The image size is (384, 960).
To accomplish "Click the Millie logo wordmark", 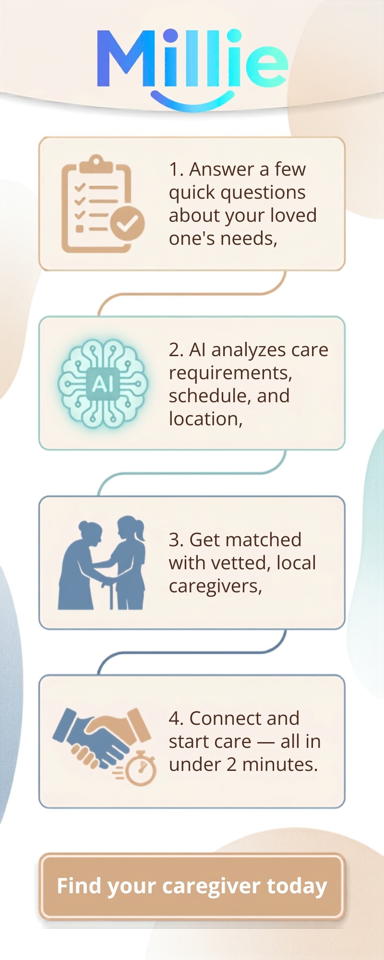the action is [192, 59].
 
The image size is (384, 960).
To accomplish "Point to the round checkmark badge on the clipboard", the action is [127, 223].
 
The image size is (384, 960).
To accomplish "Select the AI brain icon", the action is [103, 384].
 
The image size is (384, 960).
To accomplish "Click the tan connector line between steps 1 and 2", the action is [192, 293].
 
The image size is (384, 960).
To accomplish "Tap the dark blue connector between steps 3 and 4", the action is [192, 652].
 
